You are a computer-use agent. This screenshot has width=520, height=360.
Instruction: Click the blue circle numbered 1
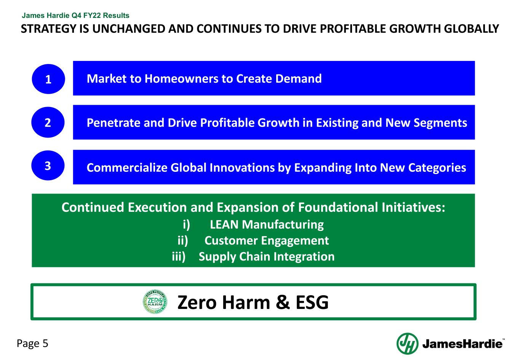click(x=48, y=79)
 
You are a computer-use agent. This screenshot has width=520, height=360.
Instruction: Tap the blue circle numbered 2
click(x=48, y=122)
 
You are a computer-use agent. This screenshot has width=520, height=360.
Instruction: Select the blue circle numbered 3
click(x=48, y=166)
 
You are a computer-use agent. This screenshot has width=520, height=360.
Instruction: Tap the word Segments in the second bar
click(x=440, y=123)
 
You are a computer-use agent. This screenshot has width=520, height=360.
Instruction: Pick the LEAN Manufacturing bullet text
click(x=267, y=224)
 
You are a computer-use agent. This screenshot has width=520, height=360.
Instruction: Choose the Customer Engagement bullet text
click(x=267, y=241)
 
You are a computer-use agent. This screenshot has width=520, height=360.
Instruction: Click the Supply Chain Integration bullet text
click(x=267, y=257)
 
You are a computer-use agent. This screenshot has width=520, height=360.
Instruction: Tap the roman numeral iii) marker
click(x=179, y=257)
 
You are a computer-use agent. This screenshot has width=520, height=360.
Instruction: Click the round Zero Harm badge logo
click(x=155, y=302)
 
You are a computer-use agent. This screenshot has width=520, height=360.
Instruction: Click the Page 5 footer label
click(x=32, y=344)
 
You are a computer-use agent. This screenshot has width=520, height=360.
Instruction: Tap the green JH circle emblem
click(x=407, y=344)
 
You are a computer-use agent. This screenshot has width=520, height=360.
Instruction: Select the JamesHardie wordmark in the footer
click(x=462, y=344)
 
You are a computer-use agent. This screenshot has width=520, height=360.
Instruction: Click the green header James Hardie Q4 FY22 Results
click(x=75, y=16)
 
